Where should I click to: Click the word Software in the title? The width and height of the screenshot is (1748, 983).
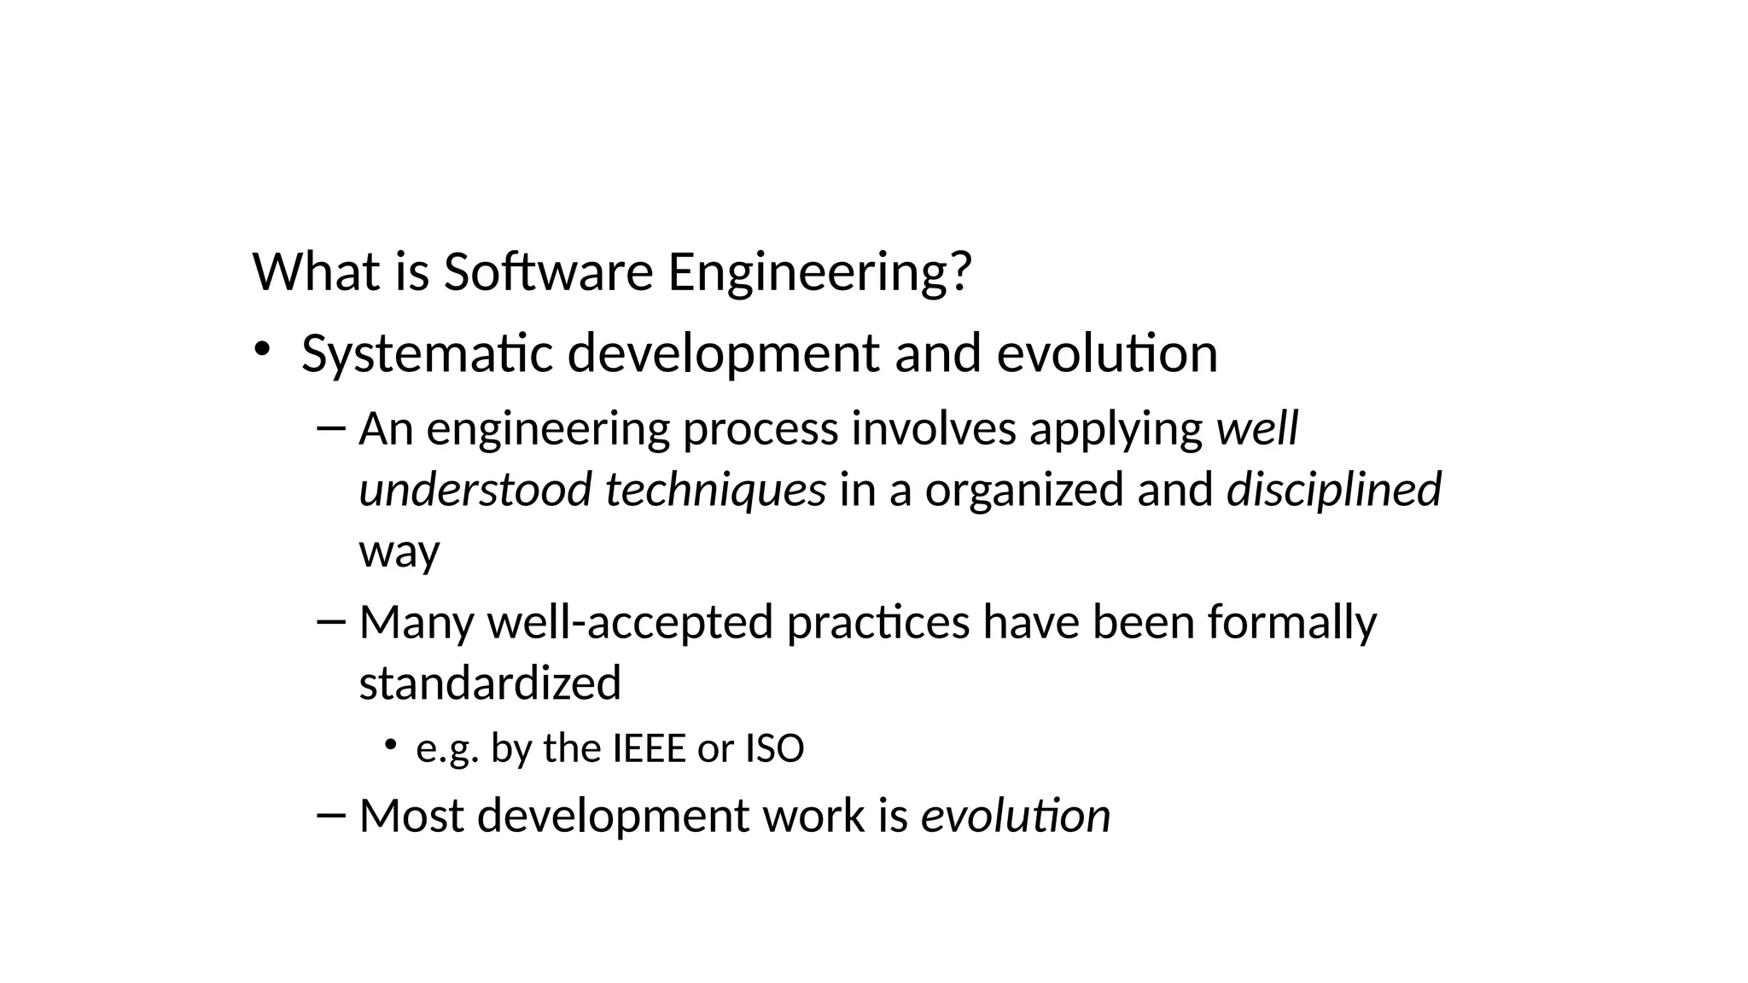tap(548, 273)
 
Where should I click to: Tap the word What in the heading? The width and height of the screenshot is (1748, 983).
tap(317, 273)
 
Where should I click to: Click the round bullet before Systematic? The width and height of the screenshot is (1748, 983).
tap(261, 349)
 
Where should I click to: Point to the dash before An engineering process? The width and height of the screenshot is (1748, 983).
tap(329, 427)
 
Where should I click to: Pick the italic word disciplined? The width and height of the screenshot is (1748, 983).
tap(1333, 490)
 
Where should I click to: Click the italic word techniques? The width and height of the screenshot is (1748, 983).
tap(715, 490)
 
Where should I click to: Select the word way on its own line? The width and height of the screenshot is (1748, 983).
tap(399, 551)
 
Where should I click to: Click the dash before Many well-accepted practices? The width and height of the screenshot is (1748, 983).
tap(329, 620)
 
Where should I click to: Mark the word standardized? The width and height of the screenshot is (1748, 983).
tap(490, 683)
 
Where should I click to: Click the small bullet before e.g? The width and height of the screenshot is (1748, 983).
tap(390, 745)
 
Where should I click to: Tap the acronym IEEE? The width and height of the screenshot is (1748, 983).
tap(650, 748)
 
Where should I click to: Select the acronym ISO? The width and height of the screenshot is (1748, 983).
tap(775, 748)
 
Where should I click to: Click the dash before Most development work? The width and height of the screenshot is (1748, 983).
tap(329, 814)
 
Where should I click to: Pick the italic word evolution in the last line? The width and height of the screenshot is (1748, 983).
tap(1015, 815)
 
